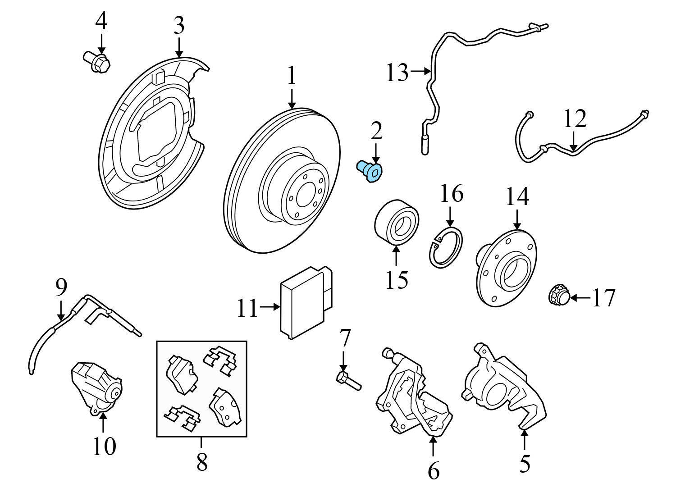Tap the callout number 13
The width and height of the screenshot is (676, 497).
(397, 73)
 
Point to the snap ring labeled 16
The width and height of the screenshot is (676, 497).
(446, 247)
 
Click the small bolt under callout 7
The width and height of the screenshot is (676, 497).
(348, 382)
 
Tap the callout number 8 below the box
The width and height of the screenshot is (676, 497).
(202, 462)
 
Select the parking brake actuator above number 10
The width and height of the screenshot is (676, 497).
(97, 388)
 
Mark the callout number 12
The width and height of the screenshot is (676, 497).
(575, 119)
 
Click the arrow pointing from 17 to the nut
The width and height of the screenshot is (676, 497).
(580, 298)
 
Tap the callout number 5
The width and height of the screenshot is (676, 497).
(525, 464)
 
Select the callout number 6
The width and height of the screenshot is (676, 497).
(434, 470)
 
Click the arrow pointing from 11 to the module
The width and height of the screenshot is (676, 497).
(269, 307)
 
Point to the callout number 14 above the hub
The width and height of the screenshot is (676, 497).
(517, 196)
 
